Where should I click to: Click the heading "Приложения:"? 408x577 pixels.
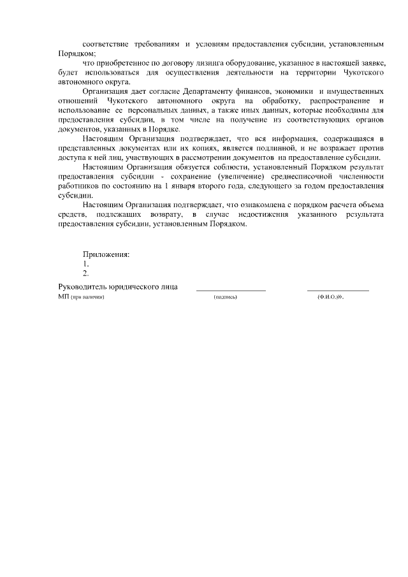tap(106, 254)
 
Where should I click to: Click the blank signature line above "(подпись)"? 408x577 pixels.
tap(231, 291)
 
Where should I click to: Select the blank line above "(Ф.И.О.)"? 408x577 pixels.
tap(338, 291)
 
